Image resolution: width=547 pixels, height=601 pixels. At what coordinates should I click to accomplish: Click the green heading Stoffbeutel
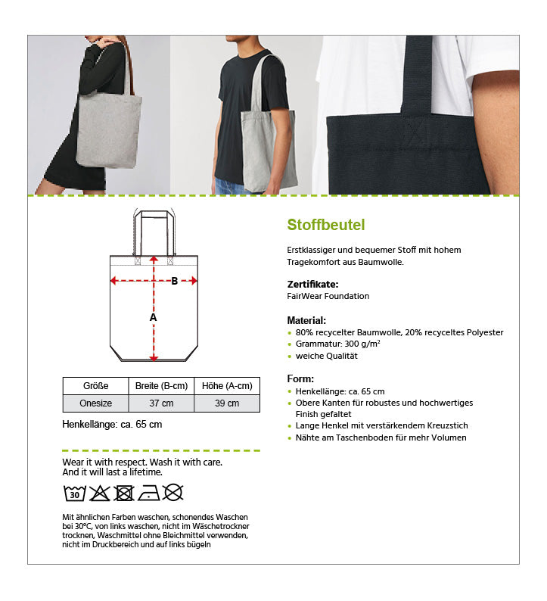point(326,225)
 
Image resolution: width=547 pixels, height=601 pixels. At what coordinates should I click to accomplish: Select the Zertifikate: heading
point(312,284)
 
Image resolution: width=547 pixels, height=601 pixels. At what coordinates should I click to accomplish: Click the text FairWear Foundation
point(328,296)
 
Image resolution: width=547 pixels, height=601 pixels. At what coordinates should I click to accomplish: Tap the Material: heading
point(306,320)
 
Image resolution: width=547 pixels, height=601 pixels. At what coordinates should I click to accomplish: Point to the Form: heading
point(300,378)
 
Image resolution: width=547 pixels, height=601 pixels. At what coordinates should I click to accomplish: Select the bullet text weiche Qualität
point(326,356)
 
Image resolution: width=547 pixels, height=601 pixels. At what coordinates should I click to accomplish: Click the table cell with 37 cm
point(160,403)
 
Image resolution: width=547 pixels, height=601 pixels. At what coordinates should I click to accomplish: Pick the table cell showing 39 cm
point(227,403)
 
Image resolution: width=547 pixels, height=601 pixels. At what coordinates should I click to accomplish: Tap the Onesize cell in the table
point(95,403)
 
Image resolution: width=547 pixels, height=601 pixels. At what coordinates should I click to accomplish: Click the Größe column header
point(95,385)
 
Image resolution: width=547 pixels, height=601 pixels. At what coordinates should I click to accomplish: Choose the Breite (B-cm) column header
point(160,385)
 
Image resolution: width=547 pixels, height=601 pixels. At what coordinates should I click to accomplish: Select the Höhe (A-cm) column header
point(227,385)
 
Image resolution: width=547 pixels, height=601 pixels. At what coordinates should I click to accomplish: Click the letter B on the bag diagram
point(174,281)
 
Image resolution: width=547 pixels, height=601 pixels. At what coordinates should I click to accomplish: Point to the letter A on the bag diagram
point(153,318)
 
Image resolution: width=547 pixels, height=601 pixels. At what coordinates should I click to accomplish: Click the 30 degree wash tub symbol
point(74,494)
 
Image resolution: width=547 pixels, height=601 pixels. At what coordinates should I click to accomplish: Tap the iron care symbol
point(149,494)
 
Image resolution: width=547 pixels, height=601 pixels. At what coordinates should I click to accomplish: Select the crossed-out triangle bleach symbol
point(100,494)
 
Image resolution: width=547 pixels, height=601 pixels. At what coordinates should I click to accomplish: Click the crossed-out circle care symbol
point(174,494)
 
